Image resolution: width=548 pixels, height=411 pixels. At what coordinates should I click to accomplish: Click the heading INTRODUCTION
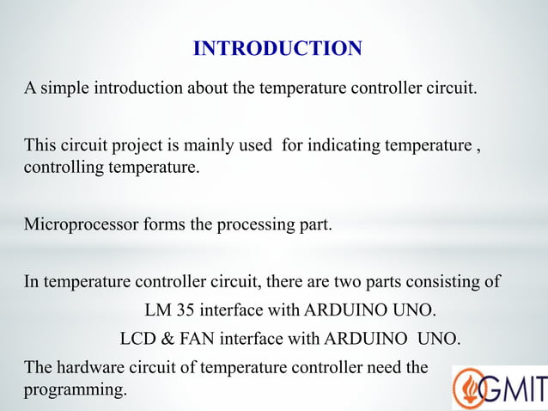click(x=277, y=49)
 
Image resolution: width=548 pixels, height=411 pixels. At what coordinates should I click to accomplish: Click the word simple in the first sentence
click(x=62, y=89)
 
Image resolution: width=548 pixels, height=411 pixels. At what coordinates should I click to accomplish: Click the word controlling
click(x=62, y=167)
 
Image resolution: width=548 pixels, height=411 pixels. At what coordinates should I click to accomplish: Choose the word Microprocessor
click(x=76, y=224)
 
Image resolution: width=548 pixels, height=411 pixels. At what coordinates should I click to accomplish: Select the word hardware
click(x=84, y=368)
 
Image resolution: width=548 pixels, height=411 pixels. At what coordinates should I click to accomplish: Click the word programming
click(x=75, y=390)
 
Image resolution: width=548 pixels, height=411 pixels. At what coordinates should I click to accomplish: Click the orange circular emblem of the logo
click(x=468, y=389)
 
